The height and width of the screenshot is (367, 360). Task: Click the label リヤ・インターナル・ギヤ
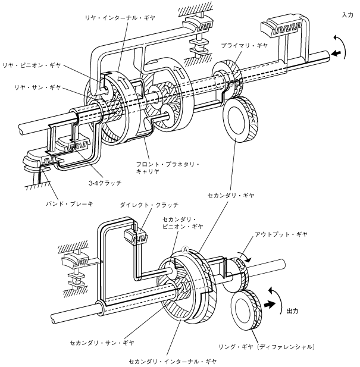(x=120, y=18)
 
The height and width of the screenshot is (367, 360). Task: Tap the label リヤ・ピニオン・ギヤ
(x=32, y=65)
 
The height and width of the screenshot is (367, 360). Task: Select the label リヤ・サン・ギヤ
(x=37, y=87)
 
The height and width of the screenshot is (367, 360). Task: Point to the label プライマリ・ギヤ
(x=244, y=46)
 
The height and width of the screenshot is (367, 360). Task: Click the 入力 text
(x=348, y=15)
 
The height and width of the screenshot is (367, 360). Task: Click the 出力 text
(x=292, y=311)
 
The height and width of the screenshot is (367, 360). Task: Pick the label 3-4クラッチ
(x=105, y=183)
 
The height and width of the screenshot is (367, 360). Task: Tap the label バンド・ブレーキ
(x=70, y=204)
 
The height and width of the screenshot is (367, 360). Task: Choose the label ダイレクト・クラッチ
(x=149, y=205)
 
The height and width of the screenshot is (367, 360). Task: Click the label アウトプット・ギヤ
(x=281, y=234)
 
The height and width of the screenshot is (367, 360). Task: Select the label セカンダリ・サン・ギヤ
(x=102, y=343)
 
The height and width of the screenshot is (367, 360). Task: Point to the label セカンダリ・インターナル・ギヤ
(x=173, y=362)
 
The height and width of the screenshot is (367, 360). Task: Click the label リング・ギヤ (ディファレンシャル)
(x=267, y=347)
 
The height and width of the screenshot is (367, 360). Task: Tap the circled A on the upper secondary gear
(x=253, y=121)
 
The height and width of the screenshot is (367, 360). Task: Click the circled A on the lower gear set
(x=186, y=250)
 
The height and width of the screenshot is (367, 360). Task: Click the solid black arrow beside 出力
(x=269, y=305)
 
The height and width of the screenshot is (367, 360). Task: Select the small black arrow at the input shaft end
(x=336, y=53)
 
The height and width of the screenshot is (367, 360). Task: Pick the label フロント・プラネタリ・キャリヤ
(x=168, y=168)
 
